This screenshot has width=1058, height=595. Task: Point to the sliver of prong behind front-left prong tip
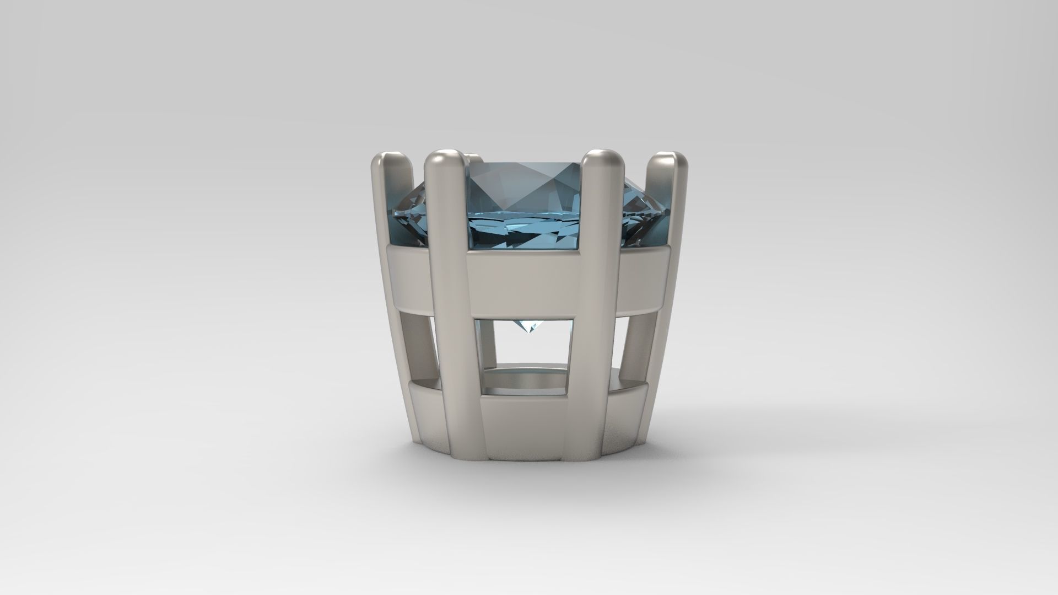pos(471,159)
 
